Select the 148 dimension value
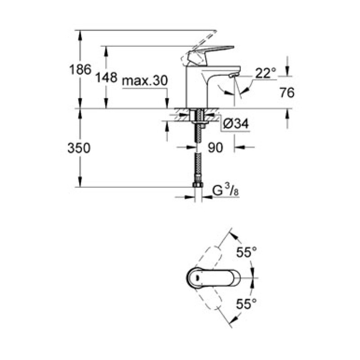point(106,78)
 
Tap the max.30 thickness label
point(145,81)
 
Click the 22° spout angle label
point(265,73)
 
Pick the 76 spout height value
point(286,93)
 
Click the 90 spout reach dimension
point(216,148)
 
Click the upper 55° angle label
point(246,252)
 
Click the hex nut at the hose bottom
point(197,185)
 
